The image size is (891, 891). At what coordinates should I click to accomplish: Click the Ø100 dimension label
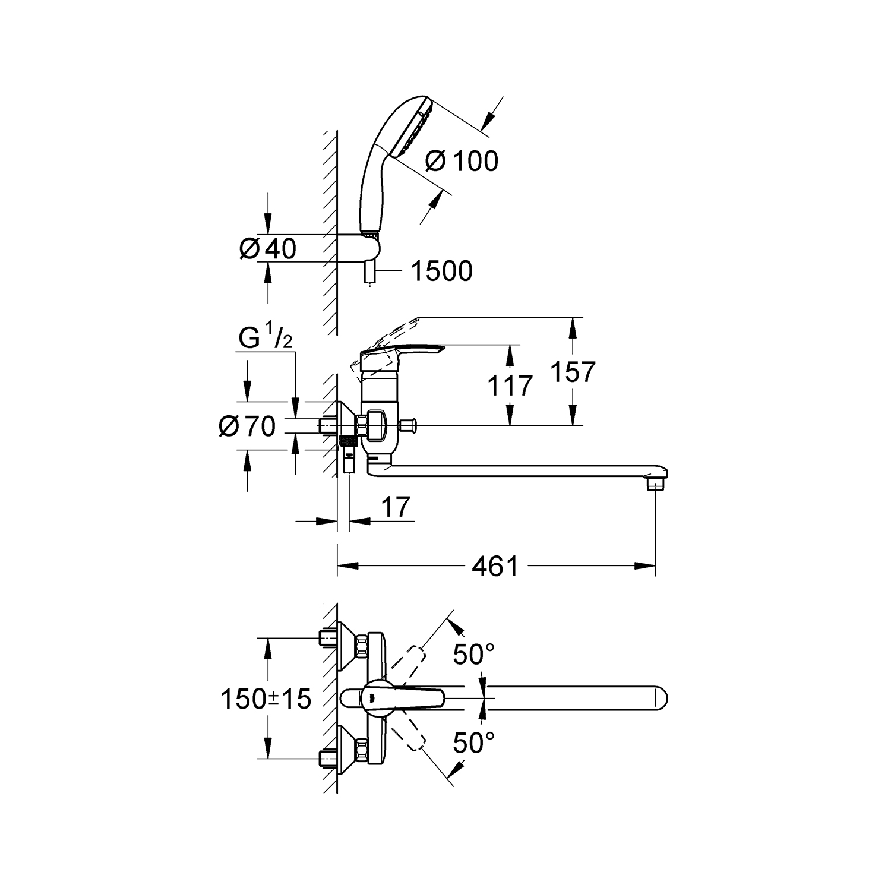point(462,161)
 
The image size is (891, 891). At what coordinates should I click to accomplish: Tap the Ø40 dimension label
point(267,248)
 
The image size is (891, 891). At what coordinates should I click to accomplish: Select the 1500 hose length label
point(442,271)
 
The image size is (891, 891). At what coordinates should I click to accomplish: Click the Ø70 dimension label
point(247,426)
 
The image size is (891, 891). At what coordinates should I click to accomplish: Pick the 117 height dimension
point(510,386)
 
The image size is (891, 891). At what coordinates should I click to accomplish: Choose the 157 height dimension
point(572,372)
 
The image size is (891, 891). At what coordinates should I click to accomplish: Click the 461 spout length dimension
point(495,566)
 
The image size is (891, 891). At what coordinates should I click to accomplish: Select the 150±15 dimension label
point(266,699)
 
